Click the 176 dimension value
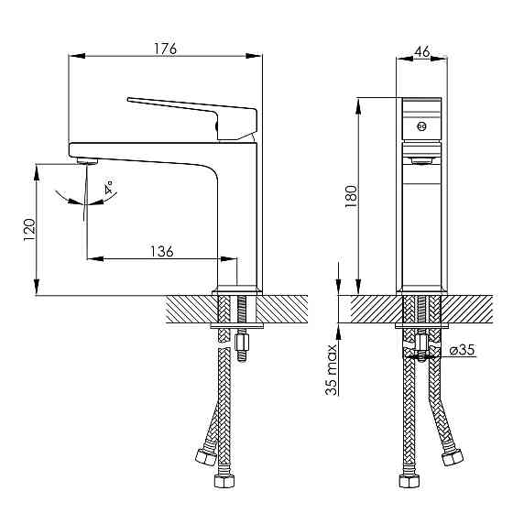[x=165, y=49]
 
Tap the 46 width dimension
[x=421, y=51]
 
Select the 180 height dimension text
[x=351, y=196]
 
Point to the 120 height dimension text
[x=29, y=230]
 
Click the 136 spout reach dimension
[x=161, y=252]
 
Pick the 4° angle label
[x=109, y=187]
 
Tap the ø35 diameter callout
[x=462, y=350]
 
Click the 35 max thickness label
[x=332, y=370]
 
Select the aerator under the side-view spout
[x=87, y=160]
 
